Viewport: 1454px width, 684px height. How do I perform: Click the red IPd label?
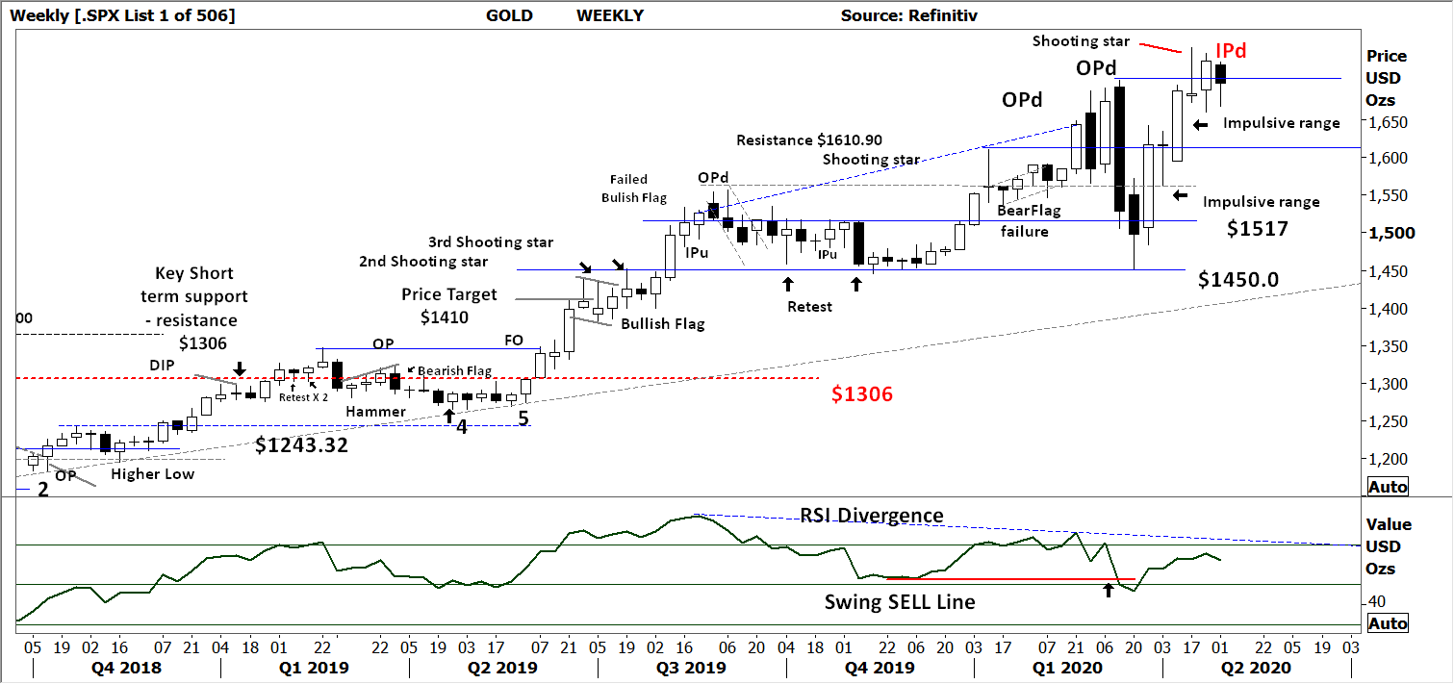pyautogui.click(x=1231, y=52)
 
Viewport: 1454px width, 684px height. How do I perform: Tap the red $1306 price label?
pyautogui.click(x=862, y=393)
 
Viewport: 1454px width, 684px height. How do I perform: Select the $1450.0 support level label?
pyautogui.click(x=1237, y=279)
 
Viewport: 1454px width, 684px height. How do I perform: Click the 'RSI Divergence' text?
pyautogui.click(x=872, y=517)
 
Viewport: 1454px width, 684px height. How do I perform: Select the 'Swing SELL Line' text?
pyautogui.click(x=900, y=602)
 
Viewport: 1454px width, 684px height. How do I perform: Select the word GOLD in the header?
pyautogui.click(x=509, y=15)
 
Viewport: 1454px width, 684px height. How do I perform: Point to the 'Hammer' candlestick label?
pyautogui.click(x=374, y=412)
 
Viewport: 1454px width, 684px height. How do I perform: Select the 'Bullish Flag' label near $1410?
pyautogui.click(x=662, y=324)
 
